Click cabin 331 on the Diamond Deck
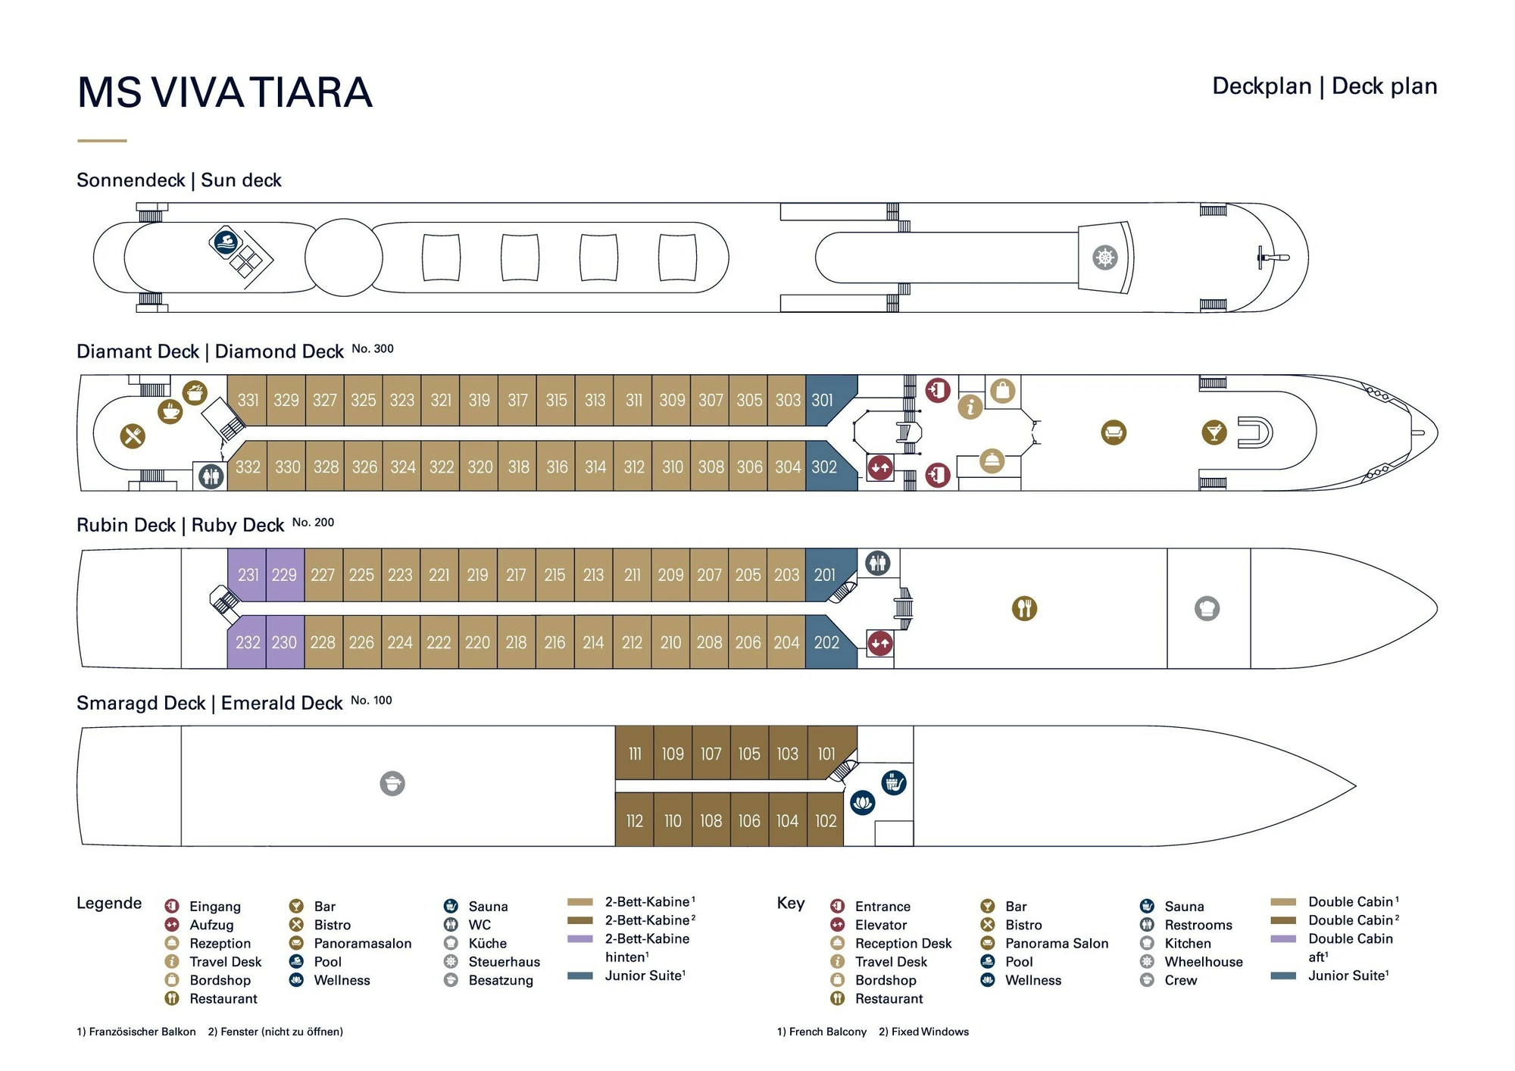248,400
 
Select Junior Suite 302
824,467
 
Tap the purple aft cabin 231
248,575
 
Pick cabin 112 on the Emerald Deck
634,821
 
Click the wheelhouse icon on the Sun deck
1105,258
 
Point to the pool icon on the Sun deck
226,242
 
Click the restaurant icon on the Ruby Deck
1024,608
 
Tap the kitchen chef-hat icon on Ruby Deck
1207,608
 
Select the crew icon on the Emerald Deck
392,783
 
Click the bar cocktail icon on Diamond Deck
1214,432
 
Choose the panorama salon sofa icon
1114,432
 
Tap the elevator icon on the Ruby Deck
879,643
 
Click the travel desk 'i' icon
970,407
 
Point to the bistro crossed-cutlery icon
133,436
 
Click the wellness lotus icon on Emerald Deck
863,802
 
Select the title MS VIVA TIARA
225,92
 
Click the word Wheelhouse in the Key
1203,962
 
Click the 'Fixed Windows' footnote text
929,1032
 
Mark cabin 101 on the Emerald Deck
826,754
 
